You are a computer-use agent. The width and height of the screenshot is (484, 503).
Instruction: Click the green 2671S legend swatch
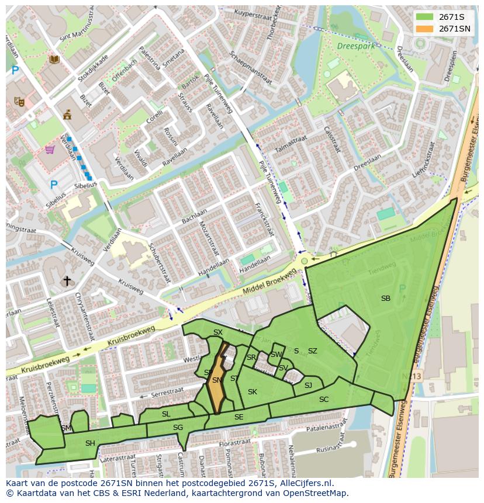click(424, 17)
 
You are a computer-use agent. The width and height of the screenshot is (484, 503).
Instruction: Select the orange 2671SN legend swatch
click(424, 29)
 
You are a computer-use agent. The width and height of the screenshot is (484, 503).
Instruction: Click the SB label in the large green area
click(385, 299)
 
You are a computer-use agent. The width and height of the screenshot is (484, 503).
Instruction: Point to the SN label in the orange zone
click(216, 380)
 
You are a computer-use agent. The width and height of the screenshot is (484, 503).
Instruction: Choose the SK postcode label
click(253, 392)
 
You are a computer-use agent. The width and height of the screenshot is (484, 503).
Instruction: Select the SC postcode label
click(324, 400)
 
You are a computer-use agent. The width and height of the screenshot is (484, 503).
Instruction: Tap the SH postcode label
click(90, 443)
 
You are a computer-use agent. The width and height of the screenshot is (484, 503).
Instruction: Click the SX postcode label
click(217, 332)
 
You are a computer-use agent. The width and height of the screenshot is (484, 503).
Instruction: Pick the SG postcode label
click(178, 428)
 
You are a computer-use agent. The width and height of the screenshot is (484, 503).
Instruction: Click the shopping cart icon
click(50, 150)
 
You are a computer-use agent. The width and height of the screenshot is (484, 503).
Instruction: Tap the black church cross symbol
click(67, 281)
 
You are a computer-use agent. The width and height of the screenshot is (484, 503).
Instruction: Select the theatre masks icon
click(19, 101)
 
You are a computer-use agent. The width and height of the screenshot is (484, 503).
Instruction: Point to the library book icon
click(54, 59)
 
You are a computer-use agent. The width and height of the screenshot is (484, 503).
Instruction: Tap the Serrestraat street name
click(167, 395)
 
